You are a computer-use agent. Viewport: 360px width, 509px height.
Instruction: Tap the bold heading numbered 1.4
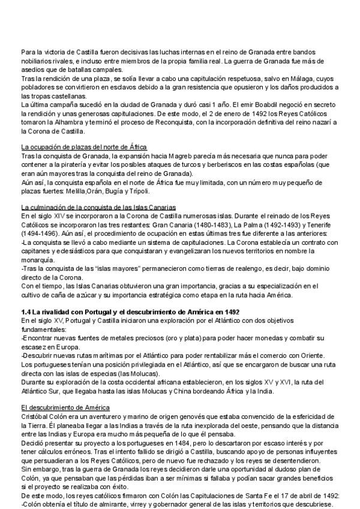point(130,312)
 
